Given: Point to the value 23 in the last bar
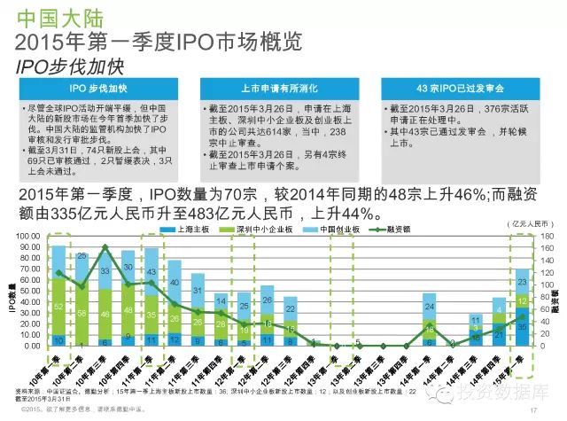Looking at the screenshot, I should [522, 282].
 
